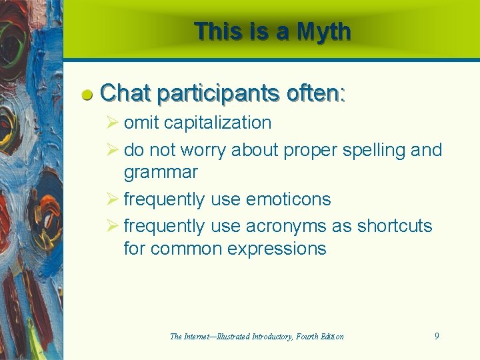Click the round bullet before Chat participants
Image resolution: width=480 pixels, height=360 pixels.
(87, 95)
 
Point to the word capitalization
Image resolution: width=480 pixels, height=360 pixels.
(217, 123)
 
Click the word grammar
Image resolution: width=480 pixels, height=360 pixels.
(161, 173)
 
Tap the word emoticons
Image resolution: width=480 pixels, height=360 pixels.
(288, 199)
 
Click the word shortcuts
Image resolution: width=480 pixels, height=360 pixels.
(395, 227)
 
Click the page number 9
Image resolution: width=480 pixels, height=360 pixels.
(437, 336)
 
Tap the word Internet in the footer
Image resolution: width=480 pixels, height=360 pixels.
(199, 337)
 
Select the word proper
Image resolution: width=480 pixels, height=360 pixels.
(311, 150)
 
